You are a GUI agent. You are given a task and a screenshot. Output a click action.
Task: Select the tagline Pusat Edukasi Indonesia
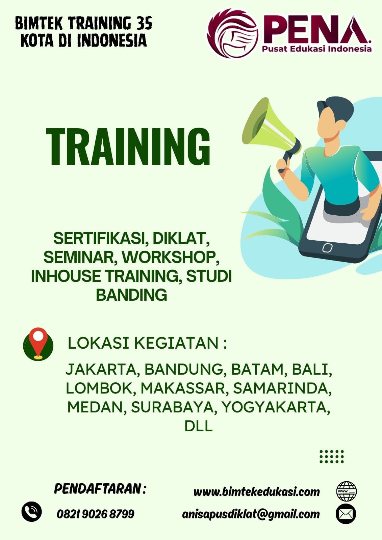[x=316, y=49]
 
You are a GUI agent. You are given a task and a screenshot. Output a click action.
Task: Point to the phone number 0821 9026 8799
[x=95, y=514]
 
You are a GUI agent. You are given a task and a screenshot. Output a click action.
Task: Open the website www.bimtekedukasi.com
[x=256, y=492]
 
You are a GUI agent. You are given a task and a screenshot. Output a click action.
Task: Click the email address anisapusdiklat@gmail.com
[x=251, y=514]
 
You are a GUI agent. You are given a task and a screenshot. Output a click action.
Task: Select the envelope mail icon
[x=346, y=513]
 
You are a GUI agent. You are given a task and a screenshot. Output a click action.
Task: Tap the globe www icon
[x=347, y=491]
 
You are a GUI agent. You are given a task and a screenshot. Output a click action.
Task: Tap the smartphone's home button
[x=327, y=248]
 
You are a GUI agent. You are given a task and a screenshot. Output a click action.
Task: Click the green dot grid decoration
[x=332, y=456]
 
